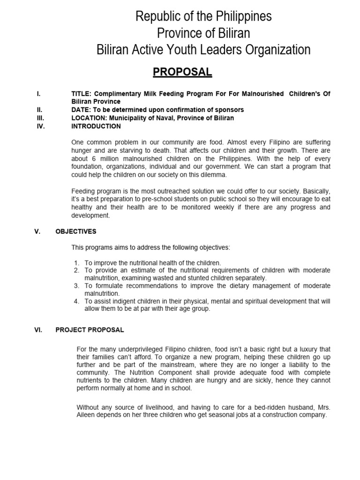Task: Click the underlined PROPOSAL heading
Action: tap(182, 72)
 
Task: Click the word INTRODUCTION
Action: tap(96, 126)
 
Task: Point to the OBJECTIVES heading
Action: tap(75, 231)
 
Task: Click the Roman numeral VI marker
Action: tap(38, 330)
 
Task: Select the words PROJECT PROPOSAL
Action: tap(90, 330)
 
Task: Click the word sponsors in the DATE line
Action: tap(228, 110)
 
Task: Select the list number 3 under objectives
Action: tap(76, 286)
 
